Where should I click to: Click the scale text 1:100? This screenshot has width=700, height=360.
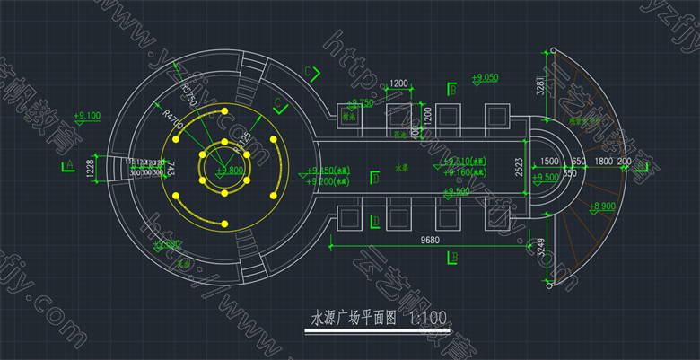pyautogui.click(x=427, y=319)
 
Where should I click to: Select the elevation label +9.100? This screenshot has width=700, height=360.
pyautogui.click(x=88, y=116)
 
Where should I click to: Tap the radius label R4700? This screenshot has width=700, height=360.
pyautogui.click(x=173, y=119)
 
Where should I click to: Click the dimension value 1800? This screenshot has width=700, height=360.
pyautogui.click(x=604, y=162)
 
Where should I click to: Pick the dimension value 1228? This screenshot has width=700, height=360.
pyautogui.click(x=90, y=169)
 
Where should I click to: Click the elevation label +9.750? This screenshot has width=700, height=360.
pyautogui.click(x=359, y=103)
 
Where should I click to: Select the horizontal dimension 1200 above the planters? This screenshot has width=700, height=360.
pyautogui.click(x=399, y=83)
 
